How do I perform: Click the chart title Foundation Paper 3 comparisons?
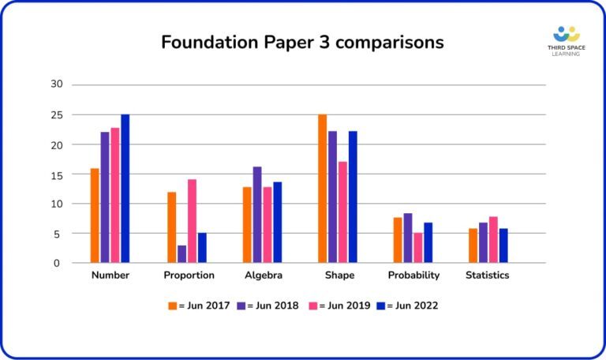pyautogui.click(x=302, y=42)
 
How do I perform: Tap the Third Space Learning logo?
pyautogui.click(x=566, y=42)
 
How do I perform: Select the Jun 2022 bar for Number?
pyautogui.click(x=125, y=189)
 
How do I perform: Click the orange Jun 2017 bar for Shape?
pyautogui.click(x=323, y=189)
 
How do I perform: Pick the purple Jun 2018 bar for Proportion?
pyautogui.click(x=181, y=254)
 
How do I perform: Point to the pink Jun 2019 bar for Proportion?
pyautogui.click(x=192, y=221)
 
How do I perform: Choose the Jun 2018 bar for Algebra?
pyautogui.click(x=257, y=215)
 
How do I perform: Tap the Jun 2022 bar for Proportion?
pyautogui.click(x=202, y=248)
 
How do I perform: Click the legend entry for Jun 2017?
pyautogui.click(x=196, y=306)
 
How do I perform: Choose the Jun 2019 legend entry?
pyautogui.click(x=340, y=306)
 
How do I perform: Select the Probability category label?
pyautogui.click(x=413, y=276)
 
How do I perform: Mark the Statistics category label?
pyautogui.click(x=487, y=276)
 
